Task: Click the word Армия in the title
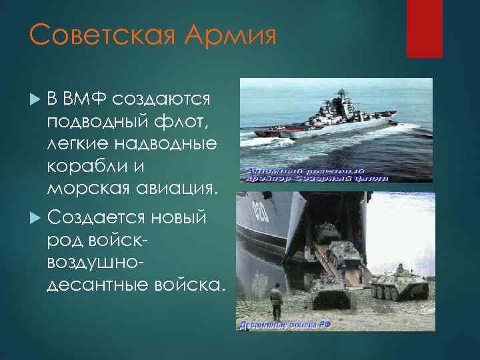tap(232, 35)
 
